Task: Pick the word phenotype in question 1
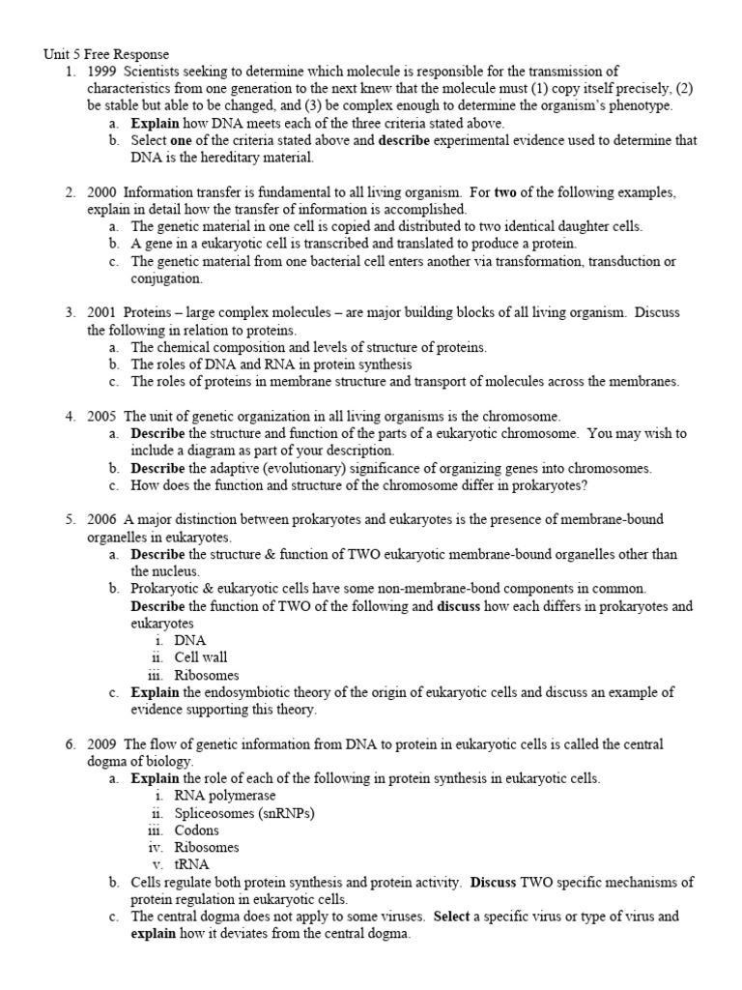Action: point(639,105)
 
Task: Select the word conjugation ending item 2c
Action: point(166,278)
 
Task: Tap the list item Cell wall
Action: point(201,657)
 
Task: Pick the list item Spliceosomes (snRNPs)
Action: point(244,813)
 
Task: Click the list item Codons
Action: point(197,830)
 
